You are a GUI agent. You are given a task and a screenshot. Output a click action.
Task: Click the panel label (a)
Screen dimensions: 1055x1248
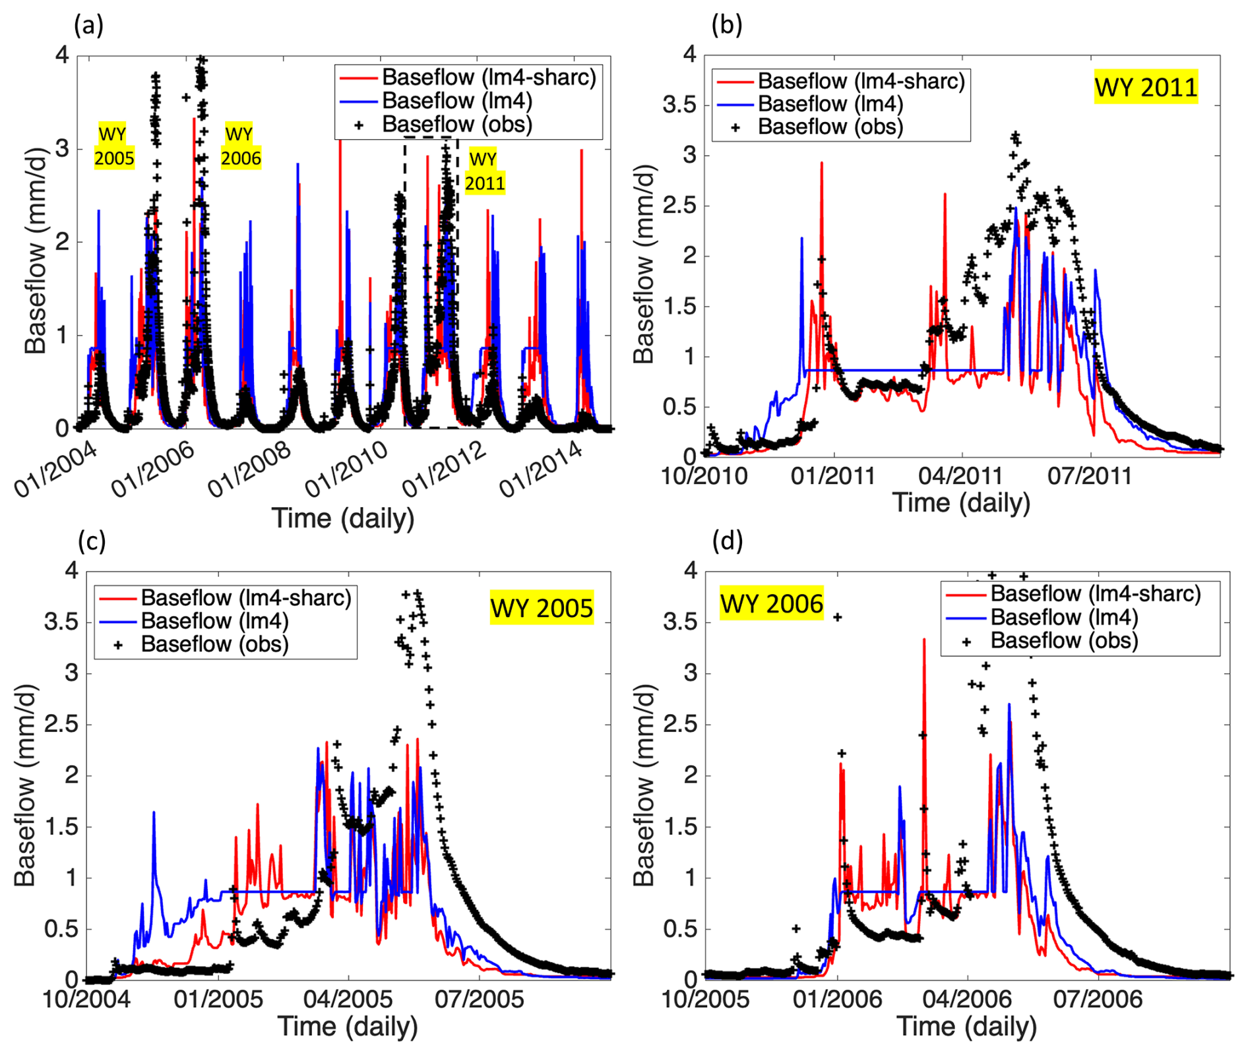(x=89, y=26)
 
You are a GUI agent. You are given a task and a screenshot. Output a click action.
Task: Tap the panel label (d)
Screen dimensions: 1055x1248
(x=728, y=541)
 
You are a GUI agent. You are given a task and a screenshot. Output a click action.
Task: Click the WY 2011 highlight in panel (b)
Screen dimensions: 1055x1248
(x=1146, y=87)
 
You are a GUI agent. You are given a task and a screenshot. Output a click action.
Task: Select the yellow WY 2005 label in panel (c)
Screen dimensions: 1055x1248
(x=542, y=607)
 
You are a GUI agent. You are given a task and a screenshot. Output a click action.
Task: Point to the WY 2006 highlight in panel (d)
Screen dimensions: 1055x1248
(x=771, y=603)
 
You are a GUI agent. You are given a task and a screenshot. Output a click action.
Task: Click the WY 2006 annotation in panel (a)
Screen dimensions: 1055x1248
(x=241, y=146)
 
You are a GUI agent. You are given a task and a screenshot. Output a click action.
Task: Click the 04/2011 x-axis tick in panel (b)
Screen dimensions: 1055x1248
(x=962, y=475)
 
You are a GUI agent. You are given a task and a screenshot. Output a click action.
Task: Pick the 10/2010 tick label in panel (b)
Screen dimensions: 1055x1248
(x=704, y=475)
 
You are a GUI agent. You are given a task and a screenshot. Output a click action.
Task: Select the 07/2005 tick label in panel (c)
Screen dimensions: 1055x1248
(x=479, y=999)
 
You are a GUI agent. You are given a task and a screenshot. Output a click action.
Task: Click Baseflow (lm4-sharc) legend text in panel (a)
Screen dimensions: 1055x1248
(x=489, y=77)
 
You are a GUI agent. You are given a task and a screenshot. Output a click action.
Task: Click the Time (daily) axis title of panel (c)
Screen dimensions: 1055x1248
(x=348, y=1027)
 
